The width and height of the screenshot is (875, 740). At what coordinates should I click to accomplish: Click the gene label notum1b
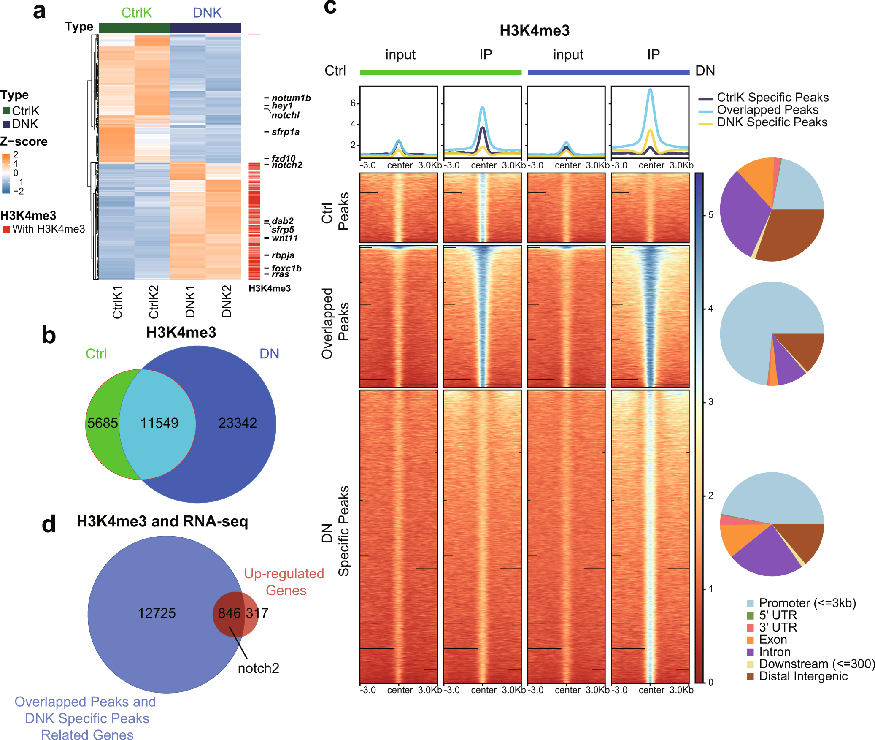click(x=291, y=98)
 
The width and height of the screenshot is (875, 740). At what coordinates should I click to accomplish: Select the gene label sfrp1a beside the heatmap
click(x=285, y=132)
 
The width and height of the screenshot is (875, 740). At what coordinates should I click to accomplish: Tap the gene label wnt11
click(x=284, y=238)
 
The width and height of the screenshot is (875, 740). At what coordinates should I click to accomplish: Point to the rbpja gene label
click(x=283, y=255)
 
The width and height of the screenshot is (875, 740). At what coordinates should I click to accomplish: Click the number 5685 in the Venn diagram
click(x=102, y=423)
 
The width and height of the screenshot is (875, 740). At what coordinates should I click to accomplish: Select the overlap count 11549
click(x=159, y=423)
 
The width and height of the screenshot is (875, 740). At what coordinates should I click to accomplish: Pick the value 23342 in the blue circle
click(x=237, y=423)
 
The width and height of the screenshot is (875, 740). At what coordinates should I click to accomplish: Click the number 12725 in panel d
click(x=157, y=613)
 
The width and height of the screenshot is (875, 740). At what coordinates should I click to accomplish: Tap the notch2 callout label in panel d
click(x=258, y=668)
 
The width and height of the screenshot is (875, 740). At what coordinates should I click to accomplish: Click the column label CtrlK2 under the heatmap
click(x=154, y=302)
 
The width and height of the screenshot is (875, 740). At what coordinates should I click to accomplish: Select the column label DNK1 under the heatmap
click(x=190, y=302)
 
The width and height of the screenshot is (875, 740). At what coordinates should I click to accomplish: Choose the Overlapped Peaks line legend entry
click(x=767, y=110)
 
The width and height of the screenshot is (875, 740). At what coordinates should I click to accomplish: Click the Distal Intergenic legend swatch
click(x=750, y=677)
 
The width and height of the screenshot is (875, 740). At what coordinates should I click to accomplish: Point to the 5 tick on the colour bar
click(x=711, y=215)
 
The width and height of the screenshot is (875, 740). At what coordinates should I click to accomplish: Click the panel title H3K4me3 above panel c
click(x=534, y=31)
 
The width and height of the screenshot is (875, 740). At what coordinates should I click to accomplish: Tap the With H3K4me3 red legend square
click(x=6, y=230)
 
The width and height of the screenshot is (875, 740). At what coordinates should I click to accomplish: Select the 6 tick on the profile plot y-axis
click(x=353, y=103)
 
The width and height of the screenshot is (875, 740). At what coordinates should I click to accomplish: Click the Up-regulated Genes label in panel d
click(x=284, y=582)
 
